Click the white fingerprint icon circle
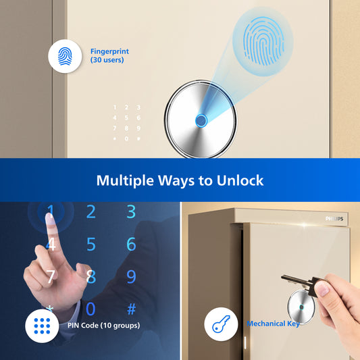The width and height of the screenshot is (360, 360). point(65,56)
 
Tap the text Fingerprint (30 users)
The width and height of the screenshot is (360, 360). point(109,55)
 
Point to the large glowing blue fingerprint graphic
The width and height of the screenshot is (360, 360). point(263,41)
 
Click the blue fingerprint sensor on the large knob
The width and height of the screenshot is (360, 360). point(201,120)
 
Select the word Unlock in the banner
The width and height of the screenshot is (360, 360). point(240,180)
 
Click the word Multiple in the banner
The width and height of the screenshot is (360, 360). point(125,181)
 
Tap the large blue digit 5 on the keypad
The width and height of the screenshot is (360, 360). point(91,244)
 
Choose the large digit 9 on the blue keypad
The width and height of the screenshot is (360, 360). point(131,276)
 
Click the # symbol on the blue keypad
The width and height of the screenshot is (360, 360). point(132,309)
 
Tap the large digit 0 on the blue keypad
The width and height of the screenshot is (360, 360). point(91,309)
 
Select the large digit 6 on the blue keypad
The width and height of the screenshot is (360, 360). point(131,244)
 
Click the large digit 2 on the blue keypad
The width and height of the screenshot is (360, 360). point(91,211)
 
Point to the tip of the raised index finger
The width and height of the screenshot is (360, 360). point(49,214)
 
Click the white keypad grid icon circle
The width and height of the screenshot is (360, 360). point(42,326)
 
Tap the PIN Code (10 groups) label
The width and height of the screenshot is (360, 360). point(103,326)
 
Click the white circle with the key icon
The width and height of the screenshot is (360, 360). point(221,324)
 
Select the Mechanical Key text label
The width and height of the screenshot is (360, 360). point(274,324)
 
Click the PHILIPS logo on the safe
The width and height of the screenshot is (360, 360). point(334,219)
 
